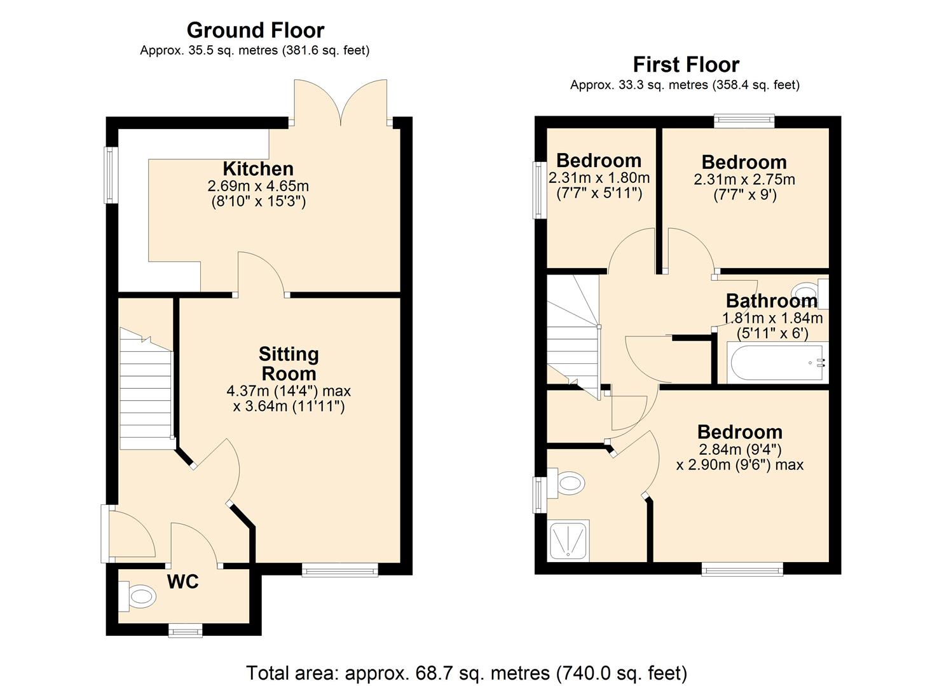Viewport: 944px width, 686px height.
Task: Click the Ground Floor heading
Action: (256, 30)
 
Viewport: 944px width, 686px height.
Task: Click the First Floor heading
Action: (686, 64)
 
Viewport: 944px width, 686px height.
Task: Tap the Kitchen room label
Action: (258, 168)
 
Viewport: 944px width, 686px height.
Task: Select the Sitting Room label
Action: (289, 363)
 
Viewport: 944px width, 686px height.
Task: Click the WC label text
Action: (182, 581)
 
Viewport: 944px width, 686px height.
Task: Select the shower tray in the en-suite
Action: (569, 541)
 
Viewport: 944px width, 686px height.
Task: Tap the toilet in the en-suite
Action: (568, 483)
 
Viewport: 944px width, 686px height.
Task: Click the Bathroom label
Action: (771, 300)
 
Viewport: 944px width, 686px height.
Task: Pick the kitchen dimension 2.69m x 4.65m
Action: (258, 186)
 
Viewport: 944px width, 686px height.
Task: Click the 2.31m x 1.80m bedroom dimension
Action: (599, 178)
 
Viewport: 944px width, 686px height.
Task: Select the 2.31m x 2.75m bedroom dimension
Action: (744, 180)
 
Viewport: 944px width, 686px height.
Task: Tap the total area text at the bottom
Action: (467, 672)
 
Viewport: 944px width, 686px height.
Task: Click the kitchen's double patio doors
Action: (341, 102)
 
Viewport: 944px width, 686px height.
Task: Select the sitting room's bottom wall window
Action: (339, 570)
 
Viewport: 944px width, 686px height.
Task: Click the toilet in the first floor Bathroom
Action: (811, 292)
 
